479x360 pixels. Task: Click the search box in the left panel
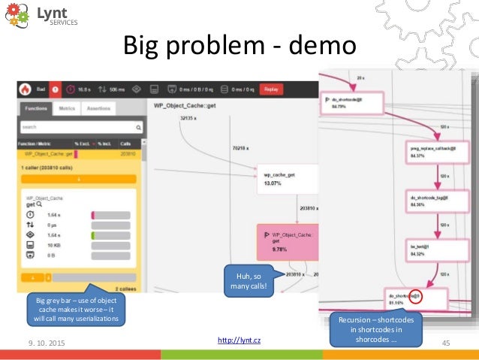pos(80,127)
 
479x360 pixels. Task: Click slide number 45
pos(445,343)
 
